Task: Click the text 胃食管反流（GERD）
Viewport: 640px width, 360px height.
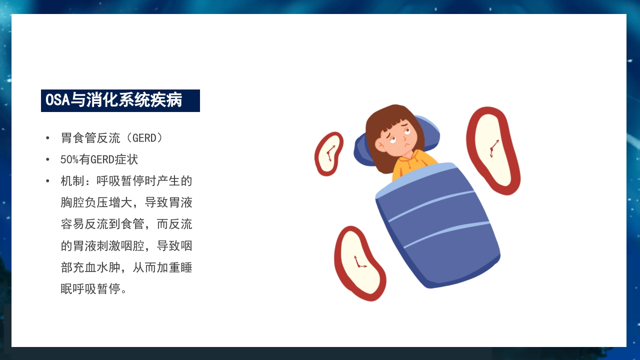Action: tap(111, 138)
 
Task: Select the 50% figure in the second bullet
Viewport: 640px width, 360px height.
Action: tap(69, 160)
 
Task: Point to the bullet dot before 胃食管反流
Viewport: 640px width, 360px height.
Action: tap(47, 138)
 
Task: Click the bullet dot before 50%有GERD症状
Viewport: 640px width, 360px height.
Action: tap(47, 160)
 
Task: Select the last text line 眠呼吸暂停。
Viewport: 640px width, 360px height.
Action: tap(93, 289)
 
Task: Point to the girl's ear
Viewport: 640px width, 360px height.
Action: tap(380, 145)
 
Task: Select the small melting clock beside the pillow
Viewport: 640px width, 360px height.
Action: tap(328, 153)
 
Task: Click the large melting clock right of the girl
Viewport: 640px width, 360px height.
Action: tap(492, 150)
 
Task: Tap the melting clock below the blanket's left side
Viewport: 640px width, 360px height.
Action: tap(358, 262)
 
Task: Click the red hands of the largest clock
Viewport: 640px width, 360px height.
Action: tap(493, 148)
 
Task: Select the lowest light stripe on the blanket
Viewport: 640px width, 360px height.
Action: tap(445, 234)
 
